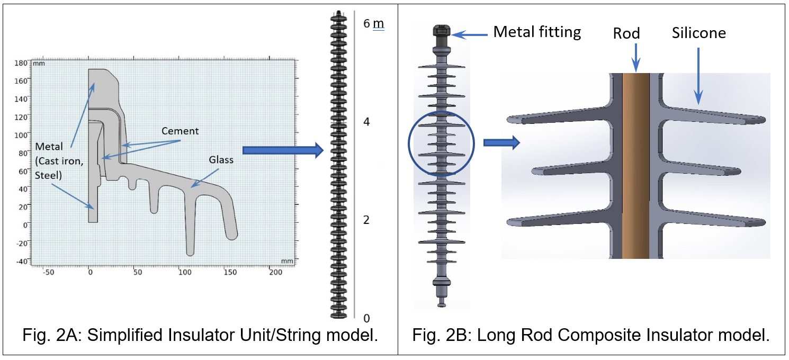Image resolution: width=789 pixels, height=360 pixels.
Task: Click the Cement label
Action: (180, 131)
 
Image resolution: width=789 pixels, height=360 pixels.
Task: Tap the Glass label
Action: (221, 160)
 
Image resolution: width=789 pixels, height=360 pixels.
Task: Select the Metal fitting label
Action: (537, 32)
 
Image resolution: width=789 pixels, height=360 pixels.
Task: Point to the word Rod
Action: (626, 33)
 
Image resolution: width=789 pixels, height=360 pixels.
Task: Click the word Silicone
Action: (699, 33)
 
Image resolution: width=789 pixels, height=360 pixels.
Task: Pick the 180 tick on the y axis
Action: (21, 63)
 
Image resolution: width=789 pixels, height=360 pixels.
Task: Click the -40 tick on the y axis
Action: (22, 261)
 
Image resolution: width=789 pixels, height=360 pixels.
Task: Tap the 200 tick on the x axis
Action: (276, 272)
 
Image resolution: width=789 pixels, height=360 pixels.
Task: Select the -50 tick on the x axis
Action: (48, 272)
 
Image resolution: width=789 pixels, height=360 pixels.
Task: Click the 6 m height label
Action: (374, 24)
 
